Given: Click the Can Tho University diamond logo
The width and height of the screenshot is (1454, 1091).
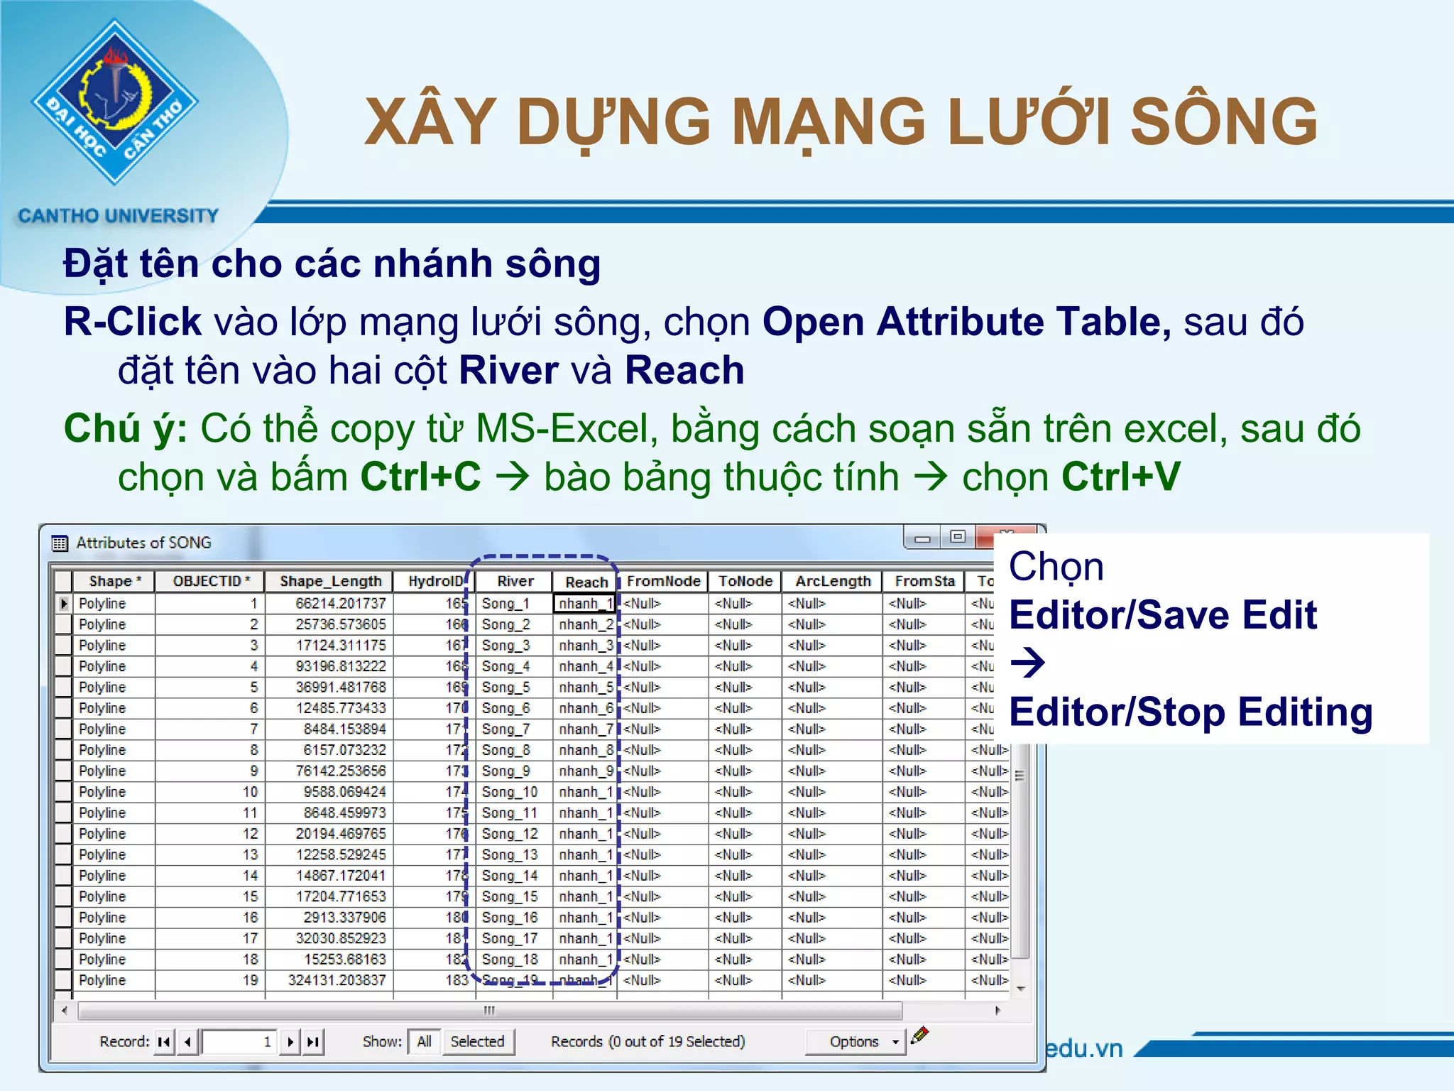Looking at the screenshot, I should tap(115, 102).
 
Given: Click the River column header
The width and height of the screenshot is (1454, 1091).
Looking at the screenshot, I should tap(515, 581).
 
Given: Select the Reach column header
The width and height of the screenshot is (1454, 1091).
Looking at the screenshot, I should tap(586, 582).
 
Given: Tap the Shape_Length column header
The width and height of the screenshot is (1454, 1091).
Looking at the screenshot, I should tap(330, 581).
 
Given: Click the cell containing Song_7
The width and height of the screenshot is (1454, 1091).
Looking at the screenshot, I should tap(506, 729).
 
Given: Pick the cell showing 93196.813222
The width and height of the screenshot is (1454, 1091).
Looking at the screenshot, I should tap(341, 666).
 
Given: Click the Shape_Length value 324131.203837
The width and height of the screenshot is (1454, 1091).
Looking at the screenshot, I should tap(337, 980).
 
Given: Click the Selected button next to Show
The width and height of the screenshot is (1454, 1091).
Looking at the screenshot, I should tap(477, 1041).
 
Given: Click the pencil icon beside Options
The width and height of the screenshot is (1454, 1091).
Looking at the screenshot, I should tap(920, 1035).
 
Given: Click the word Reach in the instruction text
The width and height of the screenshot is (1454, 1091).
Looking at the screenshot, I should tap(684, 370).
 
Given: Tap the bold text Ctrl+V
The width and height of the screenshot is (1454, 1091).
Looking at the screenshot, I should tap(1121, 476).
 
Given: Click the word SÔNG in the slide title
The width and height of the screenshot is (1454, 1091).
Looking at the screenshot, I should tap(1223, 121).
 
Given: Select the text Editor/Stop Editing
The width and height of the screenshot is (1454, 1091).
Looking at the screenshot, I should tap(1191, 712).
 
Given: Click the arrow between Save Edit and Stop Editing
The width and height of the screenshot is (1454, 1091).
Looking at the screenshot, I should tap(1027, 663).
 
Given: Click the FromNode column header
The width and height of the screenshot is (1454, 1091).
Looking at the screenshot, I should tap(663, 581).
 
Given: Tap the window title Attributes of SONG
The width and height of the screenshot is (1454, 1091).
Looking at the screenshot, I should tap(143, 543).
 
